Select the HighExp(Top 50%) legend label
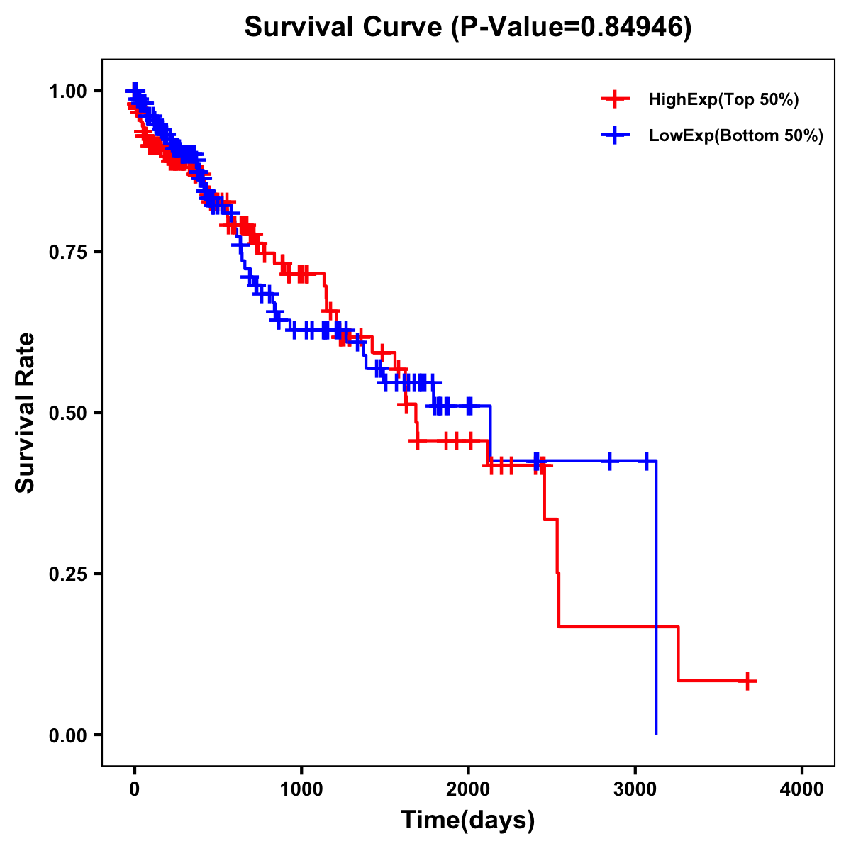(x=723, y=100)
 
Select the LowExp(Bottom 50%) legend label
(x=735, y=135)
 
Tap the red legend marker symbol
(x=615, y=99)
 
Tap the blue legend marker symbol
(x=615, y=135)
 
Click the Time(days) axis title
(x=468, y=821)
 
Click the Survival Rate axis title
(x=26, y=413)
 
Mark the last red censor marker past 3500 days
(x=746, y=681)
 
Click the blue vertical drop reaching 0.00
(x=656, y=603)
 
